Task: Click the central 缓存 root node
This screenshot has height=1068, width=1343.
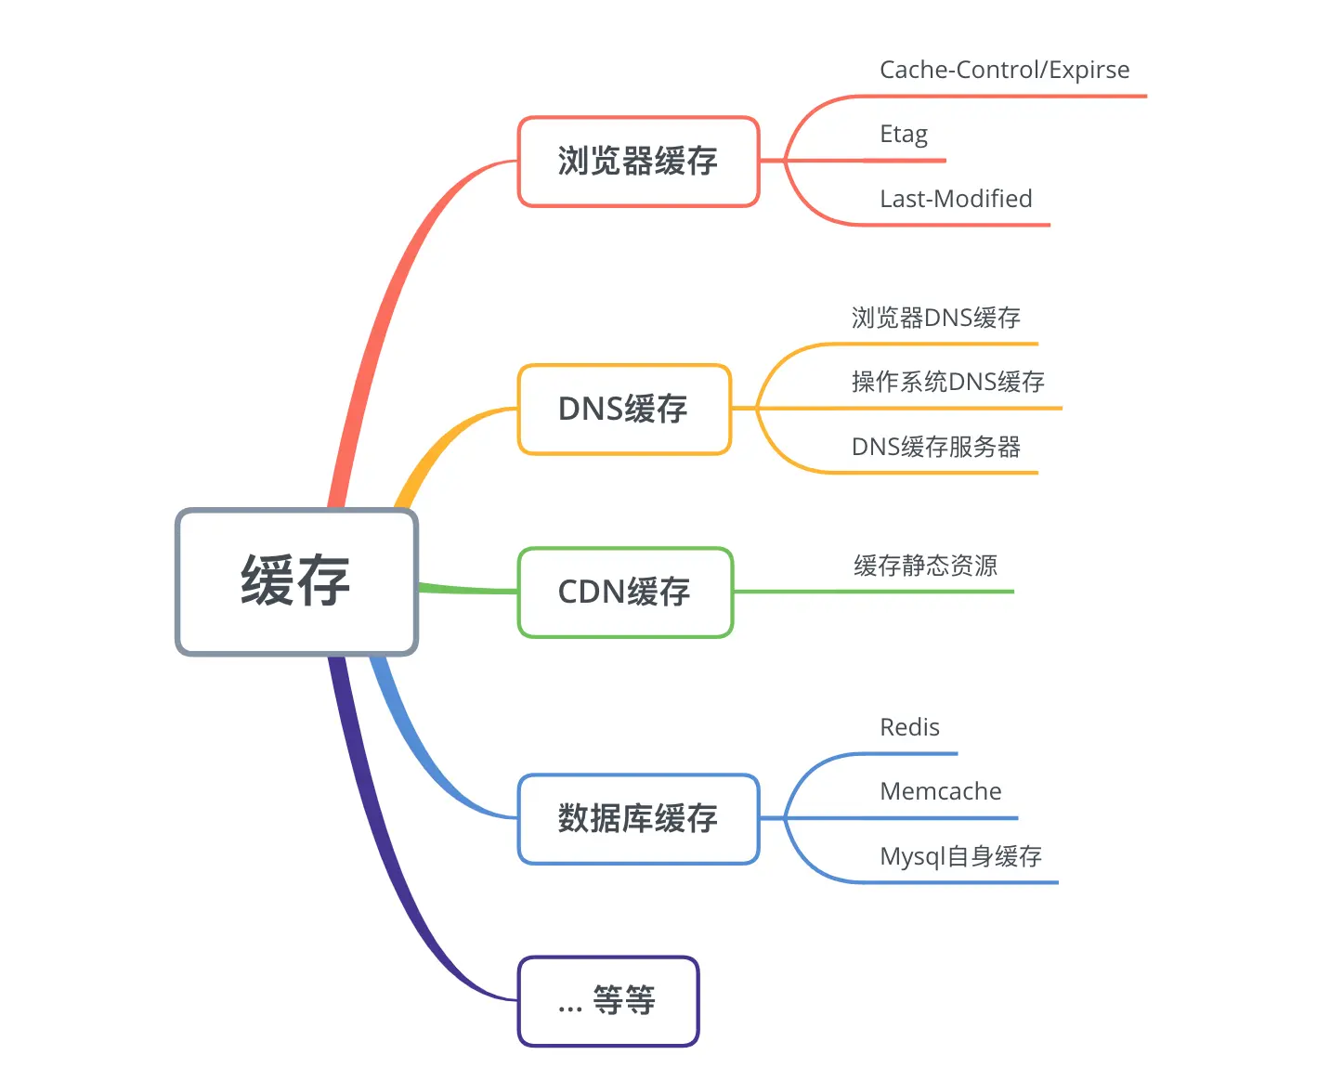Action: pos(296,581)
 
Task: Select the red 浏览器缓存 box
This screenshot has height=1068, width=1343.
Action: pos(638,162)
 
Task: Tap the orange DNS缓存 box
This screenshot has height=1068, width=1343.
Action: pos(624,409)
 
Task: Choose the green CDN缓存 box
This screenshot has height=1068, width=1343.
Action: pos(625,593)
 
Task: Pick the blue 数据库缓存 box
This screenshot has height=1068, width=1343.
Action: pos(638,818)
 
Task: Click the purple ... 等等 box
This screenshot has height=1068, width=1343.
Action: pos(607,1001)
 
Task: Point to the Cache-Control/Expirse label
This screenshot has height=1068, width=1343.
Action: pos(1004,71)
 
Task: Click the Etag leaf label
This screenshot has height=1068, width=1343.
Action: pos(903,135)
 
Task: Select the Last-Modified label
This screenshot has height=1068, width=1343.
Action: pos(956,199)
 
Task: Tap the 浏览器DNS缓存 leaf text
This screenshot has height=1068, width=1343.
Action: pos(935,319)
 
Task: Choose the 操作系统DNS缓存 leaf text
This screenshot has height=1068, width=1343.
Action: pos(947,382)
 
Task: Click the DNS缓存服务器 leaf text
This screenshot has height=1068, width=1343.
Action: pos(935,447)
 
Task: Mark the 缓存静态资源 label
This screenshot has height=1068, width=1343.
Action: pos(925,566)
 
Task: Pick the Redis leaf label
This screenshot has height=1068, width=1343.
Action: pos(909,727)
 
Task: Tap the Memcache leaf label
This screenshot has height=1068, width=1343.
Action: pos(940,791)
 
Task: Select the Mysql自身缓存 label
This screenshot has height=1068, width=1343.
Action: pos(960,856)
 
